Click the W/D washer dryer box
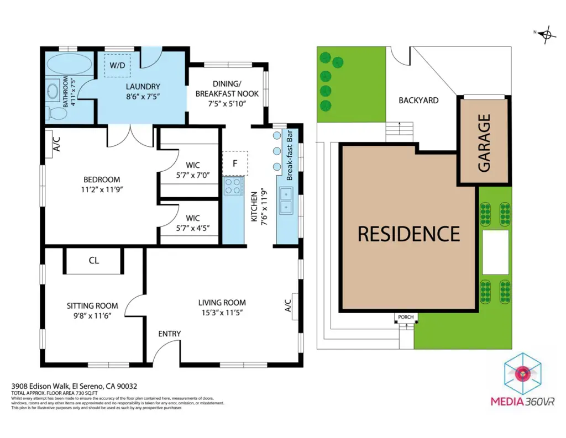tap(117, 65)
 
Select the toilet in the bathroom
tap(57, 113)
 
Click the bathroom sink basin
tap(54, 90)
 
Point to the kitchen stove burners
tap(233, 186)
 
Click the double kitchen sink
tap(286, 200)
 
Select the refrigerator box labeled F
tap(235, 163)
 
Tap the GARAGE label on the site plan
tap(484, 143)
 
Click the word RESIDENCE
tap(408, 234)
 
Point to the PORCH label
tap(406, 317)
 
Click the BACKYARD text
tap(418, 101)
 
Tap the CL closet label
tap(94, 260)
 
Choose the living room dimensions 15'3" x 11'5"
tap(222, 312)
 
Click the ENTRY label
tap(169, 334)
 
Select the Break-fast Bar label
tap(289, 156)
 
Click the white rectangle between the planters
tap(495, 252)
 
